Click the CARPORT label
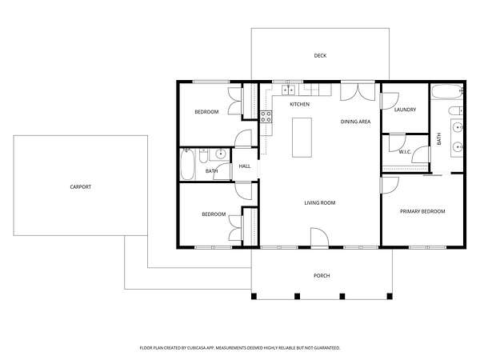point(81,186)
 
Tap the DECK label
point(320,56)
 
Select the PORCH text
point(322,276)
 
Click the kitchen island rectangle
point(302,138)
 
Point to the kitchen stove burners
point(266,117)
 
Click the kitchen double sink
point(288,90)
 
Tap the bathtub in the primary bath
point(447,91)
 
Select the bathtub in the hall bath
point(187,164)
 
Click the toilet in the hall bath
point(203,156)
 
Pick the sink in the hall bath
point(220,154)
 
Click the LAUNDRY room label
point(405,110)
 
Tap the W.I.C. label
point(405,152)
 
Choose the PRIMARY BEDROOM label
point(422,211)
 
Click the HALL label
point(245,166)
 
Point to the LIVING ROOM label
point(319,202)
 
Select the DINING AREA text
point(355,122)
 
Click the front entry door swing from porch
point(319,238)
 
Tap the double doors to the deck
point(358,92)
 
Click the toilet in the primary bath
point(456,111)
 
